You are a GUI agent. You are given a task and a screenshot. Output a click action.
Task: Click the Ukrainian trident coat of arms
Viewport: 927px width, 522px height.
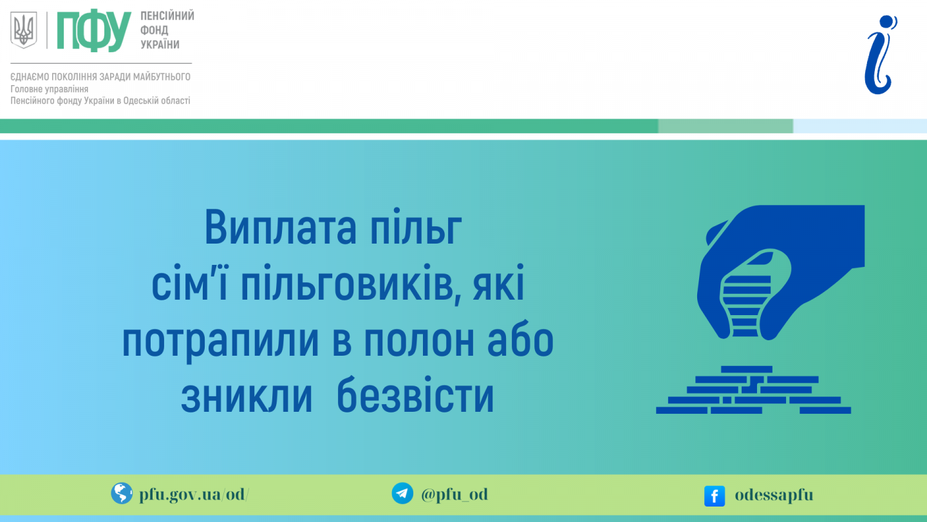pyautogui.click(x=24, y=30)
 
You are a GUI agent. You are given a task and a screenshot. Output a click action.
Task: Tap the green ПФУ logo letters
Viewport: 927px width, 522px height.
pyautogui.click(x=94, y=31)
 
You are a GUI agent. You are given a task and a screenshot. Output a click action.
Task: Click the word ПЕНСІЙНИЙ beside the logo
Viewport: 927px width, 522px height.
pyautogui.click(x=167, y=15)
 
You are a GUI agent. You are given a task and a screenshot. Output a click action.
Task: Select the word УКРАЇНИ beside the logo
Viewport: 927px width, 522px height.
pyautogui.click(x=160, y=44)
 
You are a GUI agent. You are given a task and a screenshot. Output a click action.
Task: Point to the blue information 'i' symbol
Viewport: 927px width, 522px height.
pyautogui.click(x=880, y=55)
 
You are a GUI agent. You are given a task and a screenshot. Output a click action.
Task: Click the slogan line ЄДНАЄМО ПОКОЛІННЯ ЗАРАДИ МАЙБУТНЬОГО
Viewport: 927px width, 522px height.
pyautogui.click(x=100, y=77)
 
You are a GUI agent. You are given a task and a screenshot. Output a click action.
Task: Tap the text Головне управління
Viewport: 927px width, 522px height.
pyautogui.click(x=49, y=89)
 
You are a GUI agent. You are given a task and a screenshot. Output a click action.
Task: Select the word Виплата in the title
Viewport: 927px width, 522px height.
pyautogui.click(x=280, y=227)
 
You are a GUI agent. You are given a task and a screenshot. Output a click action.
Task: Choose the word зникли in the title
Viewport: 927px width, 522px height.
pyautogui.click(x=247, y=396)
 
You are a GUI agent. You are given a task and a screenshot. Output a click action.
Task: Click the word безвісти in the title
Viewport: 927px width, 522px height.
pyautogui.click(x=415, y=394)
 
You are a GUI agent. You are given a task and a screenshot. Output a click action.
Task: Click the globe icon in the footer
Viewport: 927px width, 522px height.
pyautogui.click(x=122, y=494)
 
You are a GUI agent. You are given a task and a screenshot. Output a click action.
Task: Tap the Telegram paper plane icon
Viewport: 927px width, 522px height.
pyautogui.click(x=402, y=494)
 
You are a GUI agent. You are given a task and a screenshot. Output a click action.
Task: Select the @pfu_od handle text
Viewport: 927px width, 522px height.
pyautogui.click(x=454, y=494)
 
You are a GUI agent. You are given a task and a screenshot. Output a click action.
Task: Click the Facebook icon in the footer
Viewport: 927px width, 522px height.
pyautogui.click(x=715, y=496)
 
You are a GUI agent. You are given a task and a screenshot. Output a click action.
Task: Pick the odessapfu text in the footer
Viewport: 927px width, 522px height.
pyautogui.click(x=774, y=496)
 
